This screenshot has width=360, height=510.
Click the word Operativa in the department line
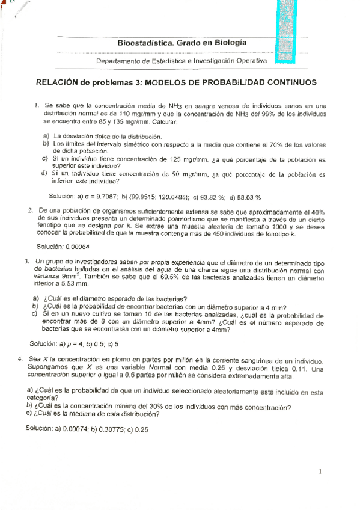click(x=248, y=61)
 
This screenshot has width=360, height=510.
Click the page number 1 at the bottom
click(x=322, y=472)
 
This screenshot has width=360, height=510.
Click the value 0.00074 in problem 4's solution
click(x=72, y=429)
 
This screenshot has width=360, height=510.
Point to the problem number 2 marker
click(x=30, y=210)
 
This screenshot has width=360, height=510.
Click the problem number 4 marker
click(x=21, y=358)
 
